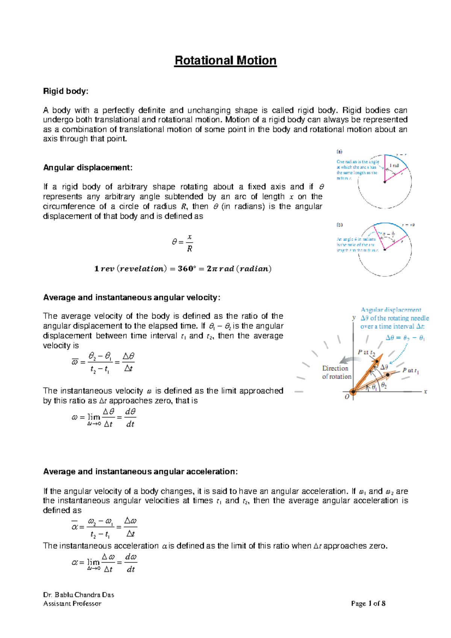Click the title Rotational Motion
click(225, 61)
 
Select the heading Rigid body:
click(66, 91)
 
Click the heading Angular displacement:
click(88, 167)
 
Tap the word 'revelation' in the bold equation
click(141, 269)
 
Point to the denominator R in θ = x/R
click(189, 249)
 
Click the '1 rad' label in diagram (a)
click(394, 166)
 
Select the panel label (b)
click(339, 225)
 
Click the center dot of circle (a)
click(384, 182)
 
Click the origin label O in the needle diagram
click(347, 397)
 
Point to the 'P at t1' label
click(410, 371)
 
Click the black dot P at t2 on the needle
click(377, 361)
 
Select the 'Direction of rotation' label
click(337, 372)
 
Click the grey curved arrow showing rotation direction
click(348, 359)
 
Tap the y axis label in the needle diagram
click(354, 317)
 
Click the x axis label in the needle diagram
click(425, 392)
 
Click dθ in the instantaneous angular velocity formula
click(130, 412)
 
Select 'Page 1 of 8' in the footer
click(368, 604)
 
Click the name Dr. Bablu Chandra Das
click(79, 595)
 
